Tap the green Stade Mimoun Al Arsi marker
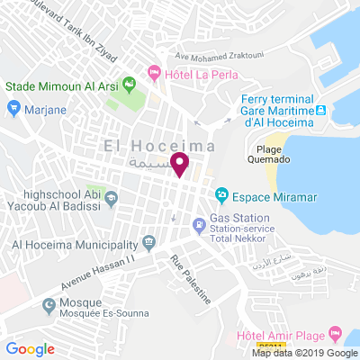coord(129,86)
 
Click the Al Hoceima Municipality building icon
coord(148,243)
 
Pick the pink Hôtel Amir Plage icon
coord(335,334)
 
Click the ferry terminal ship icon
coord(320,109)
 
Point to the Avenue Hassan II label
coord(97,271)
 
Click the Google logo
coord(30,349)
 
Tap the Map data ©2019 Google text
coord(304,353)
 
